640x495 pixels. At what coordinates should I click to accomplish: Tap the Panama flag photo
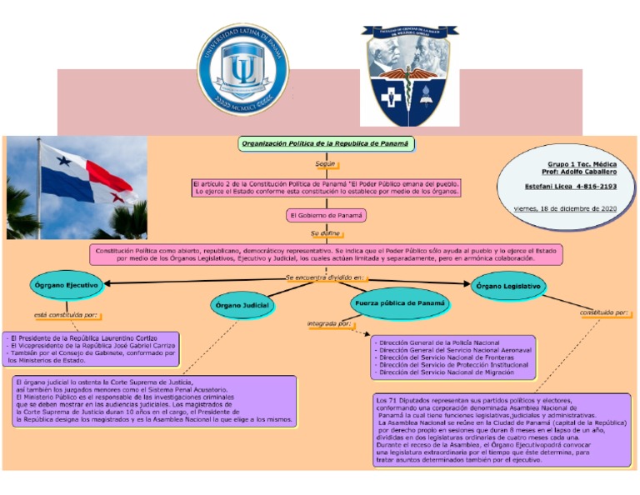coord(76,187)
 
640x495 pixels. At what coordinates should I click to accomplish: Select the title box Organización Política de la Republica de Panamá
coord(326,143)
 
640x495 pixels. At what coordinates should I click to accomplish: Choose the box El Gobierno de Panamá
coord(326,215)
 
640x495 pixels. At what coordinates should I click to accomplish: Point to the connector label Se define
coord(325,233)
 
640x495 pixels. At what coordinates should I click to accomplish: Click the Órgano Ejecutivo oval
coord(67,286)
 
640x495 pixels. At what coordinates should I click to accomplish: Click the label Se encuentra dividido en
coord(325,277)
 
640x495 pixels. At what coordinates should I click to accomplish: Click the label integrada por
coord(329,323)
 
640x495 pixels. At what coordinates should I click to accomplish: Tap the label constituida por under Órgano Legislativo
coord(604,313)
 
